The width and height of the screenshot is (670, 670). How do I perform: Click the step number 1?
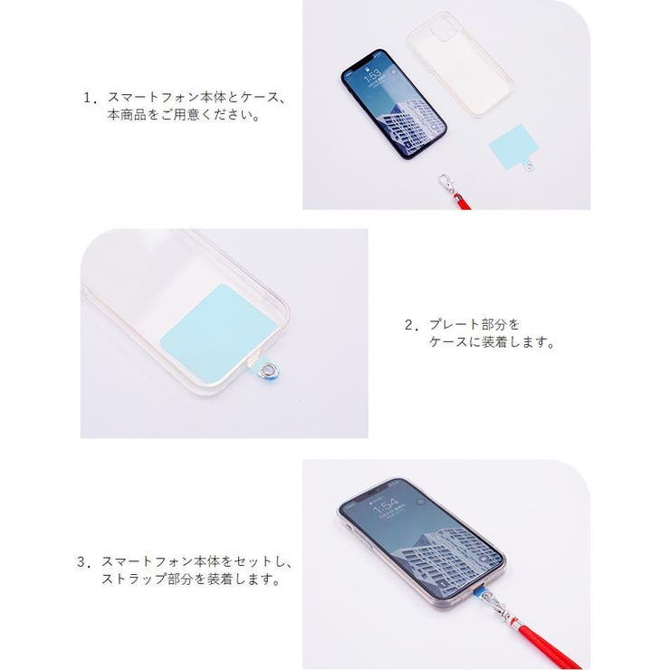tap(89, 97)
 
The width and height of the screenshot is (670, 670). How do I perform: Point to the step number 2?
tap(409, 324)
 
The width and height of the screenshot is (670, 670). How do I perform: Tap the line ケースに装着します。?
tap(492, 344)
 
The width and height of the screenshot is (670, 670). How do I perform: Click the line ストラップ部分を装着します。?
tap(189, 580)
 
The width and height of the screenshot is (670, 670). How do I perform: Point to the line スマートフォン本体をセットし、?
tap(196, 561)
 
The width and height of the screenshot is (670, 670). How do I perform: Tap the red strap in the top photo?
tap(462, 201)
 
